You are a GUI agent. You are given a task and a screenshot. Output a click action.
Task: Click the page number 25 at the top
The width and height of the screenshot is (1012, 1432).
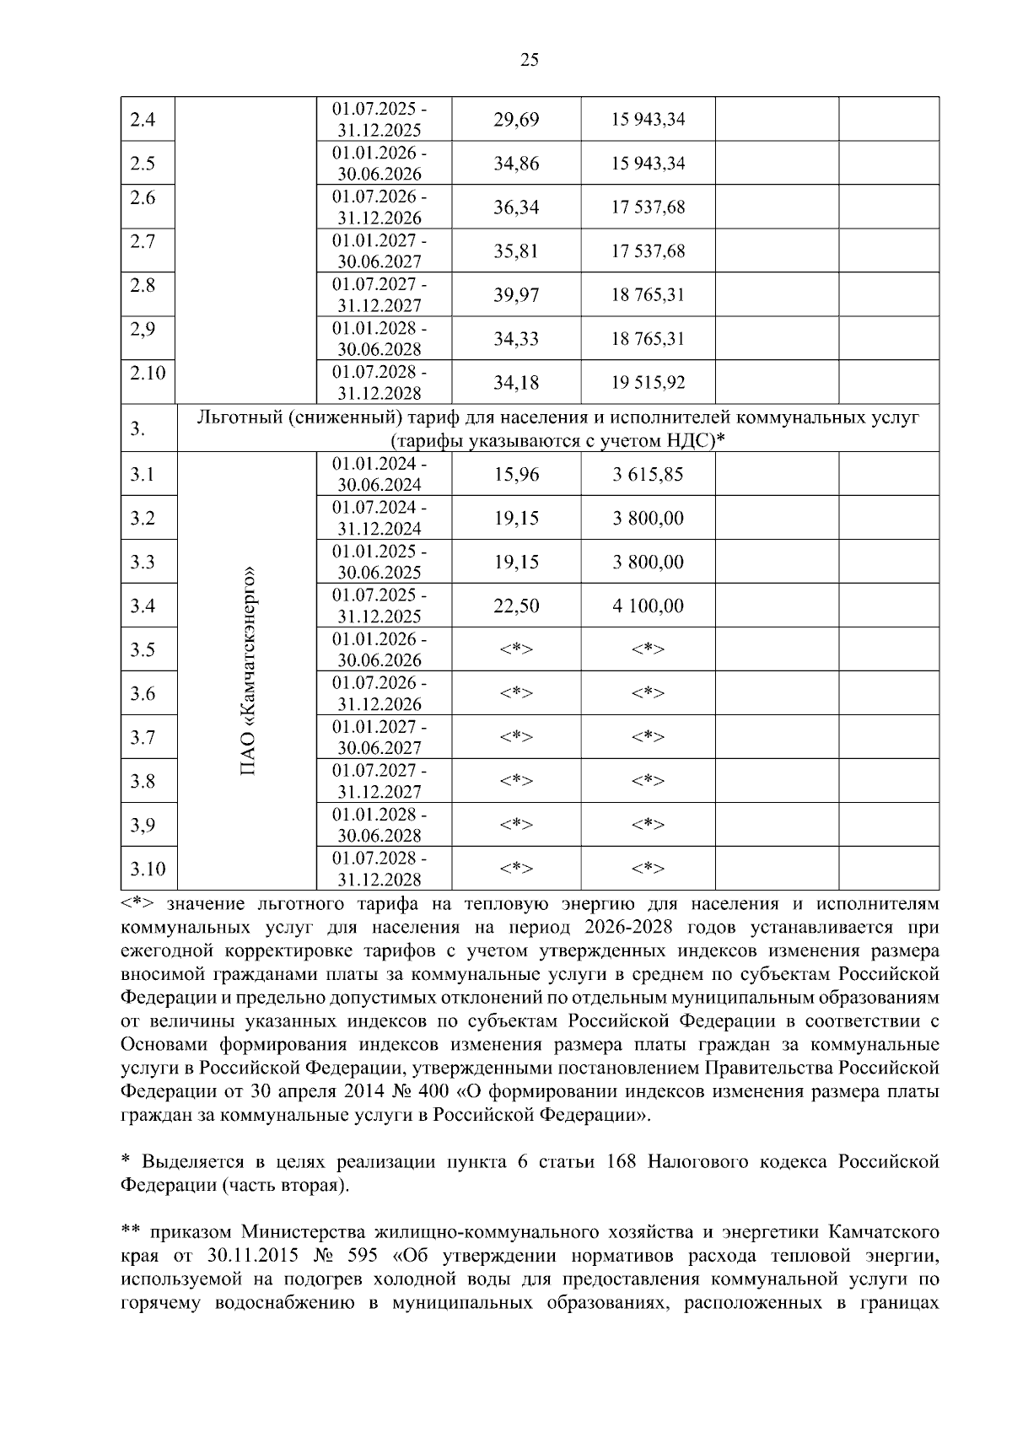pyautogui.click(x=530, y=59)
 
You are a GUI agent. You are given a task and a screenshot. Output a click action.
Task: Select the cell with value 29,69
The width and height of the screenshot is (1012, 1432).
pyautogui.click(x=516, y=120)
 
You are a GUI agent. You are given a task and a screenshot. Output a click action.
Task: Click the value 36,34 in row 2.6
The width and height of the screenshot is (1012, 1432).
pyautogui.click(x=516, y=207)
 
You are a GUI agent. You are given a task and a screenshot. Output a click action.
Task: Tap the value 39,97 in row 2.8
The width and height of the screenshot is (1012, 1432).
pyautogui.click(x=516, y=295)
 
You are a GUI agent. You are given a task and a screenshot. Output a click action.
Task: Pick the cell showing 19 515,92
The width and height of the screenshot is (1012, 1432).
pyautogui.click(x=648, y=383)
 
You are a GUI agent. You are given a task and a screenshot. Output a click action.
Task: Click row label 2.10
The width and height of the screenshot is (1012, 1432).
pyautogui.click(x=148, y=372)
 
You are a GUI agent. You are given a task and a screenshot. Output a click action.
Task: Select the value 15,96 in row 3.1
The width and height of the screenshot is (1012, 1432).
pyautogui.click(x=516, y=474)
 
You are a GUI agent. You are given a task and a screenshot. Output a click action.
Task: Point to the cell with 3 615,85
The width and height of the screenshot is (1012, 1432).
pyautogui.click(x=648, y=474)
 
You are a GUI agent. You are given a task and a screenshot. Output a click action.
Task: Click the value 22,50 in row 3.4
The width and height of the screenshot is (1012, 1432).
pyautogui.click(x=516, y=606)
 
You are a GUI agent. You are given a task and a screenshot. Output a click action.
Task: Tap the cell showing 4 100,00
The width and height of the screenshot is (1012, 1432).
pyautogui.click(x=648, y=606)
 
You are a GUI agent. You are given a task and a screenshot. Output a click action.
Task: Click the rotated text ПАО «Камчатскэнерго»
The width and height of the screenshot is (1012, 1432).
pyautogui.click(x=248, y=670)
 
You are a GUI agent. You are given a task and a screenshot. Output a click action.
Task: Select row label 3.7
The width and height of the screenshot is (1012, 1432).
pyautogui.click(x=143, y=737)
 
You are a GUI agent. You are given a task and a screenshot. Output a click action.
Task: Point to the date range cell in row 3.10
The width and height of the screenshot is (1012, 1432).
pyautogui.click(x=379, y=869)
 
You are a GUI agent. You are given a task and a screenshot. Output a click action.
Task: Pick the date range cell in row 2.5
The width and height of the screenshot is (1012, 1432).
pyautogui.click(x=379, y=164)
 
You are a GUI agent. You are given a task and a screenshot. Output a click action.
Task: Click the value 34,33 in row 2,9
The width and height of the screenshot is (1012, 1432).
pyautogui.click(x=516, y=339)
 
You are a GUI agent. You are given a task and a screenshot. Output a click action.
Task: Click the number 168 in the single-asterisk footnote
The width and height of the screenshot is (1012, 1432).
pyautogui.click(x=622, y=1162)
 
